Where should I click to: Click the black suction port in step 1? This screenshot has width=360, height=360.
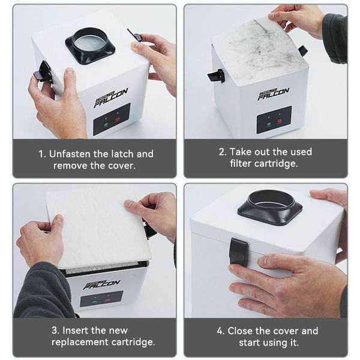[90, 45]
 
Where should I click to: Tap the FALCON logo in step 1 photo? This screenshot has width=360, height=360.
[111, 98]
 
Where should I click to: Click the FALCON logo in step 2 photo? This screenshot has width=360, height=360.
[273, 94]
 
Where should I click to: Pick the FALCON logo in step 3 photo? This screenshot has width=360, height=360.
[102, 284]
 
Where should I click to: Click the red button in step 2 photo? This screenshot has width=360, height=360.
[280, 121]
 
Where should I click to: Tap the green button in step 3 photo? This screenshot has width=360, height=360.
[94, 301]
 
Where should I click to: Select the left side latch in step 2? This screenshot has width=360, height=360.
[216, 76]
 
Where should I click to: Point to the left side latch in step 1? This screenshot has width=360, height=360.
[43, 71]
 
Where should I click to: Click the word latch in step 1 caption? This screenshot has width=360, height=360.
[122, 154]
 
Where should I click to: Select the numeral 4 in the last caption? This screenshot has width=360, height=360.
[220, 331]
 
